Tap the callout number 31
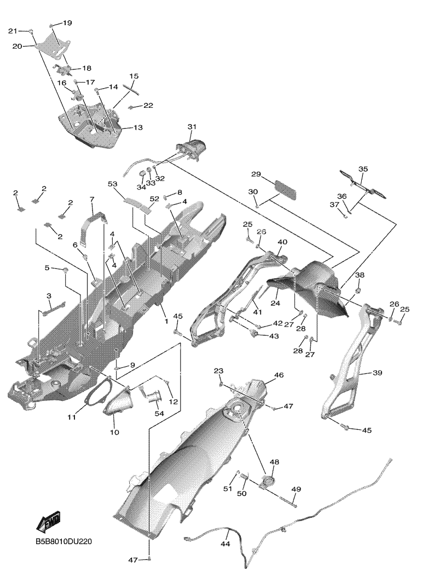click(x=192, y=127)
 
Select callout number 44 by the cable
click(x=225, y=544)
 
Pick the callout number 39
click(x=377, y=373)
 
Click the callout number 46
click(x=279, y=375)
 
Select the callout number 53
click(x=113, y=184)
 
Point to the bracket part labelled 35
click(x=363, y=184)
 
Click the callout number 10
click(x=114, y=432)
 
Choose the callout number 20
click(x=18, y=47)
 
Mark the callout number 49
click(x=296, y=489)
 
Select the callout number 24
click(x=275, y=303)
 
